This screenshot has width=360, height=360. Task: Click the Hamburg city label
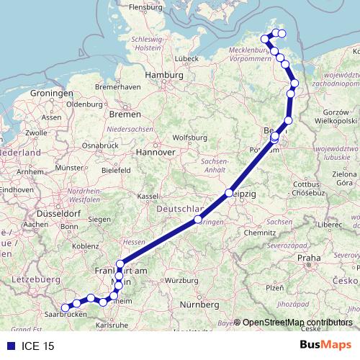click(x=165, y=74)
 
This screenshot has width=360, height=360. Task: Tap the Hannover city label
click(x=157, y=153)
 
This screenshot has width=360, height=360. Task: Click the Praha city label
click(x=308, y=258)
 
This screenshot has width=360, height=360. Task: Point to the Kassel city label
click(x=148, y=196)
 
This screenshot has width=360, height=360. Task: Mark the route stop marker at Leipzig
click(x=229, y=193)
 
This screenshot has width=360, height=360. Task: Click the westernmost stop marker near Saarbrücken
click(x=65, y=307)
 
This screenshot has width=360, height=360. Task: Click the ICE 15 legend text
click(x=37, y=346)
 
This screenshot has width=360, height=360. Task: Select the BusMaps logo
click(x=325, y=346)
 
